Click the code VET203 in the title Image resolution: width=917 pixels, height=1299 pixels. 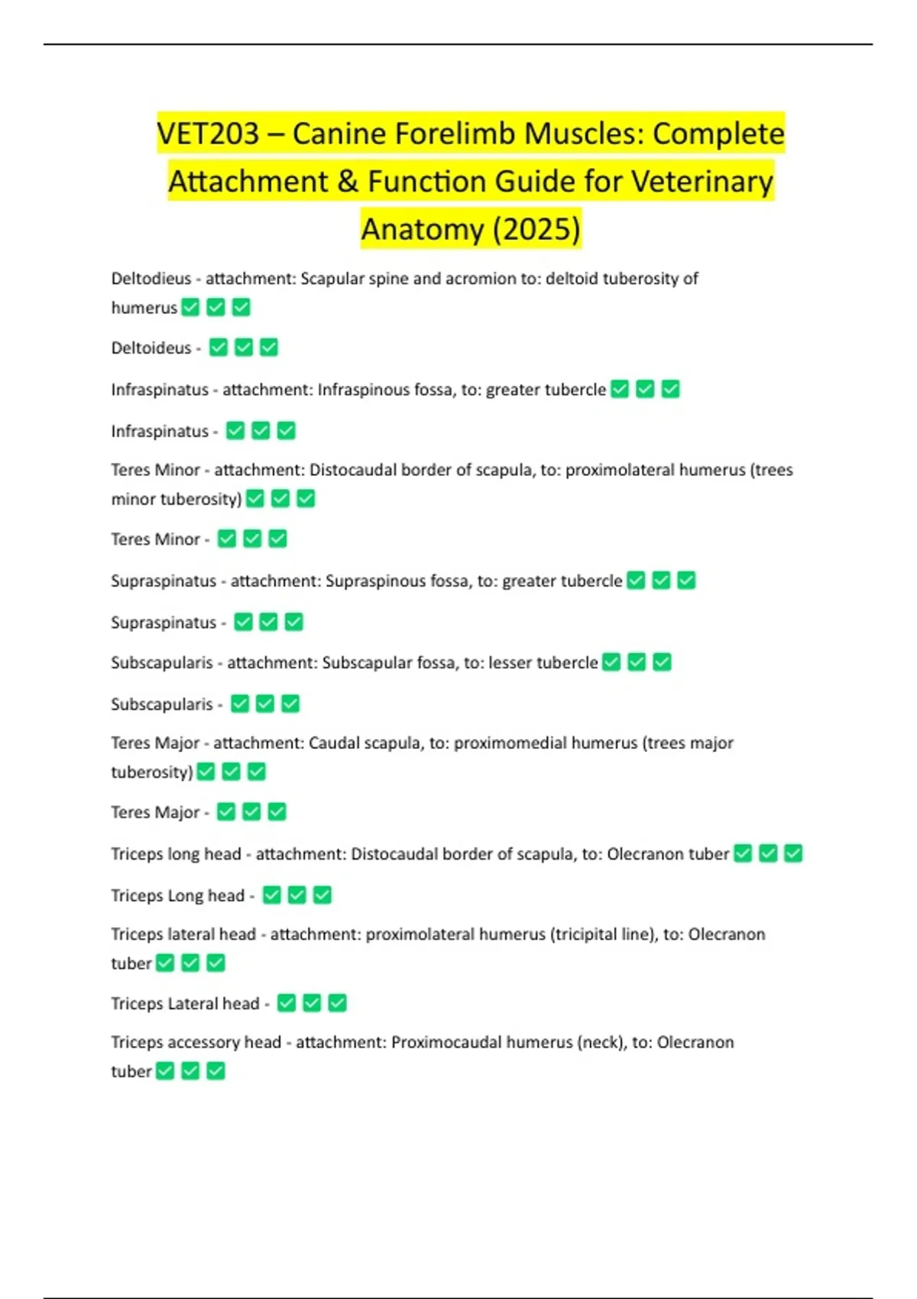coord(208,134)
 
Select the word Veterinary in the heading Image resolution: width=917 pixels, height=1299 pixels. coord(702,181)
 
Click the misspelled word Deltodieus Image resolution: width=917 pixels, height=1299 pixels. coord(151,279)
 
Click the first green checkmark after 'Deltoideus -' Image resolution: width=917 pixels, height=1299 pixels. coord(219,348)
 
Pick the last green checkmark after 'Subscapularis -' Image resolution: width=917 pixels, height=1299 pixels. coord(290,704)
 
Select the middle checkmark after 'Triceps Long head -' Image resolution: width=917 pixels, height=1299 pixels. coord(297,895)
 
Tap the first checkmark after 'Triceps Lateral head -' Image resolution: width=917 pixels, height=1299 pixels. coord(287,1003)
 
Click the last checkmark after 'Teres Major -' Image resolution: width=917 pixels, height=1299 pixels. coord(277,811)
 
